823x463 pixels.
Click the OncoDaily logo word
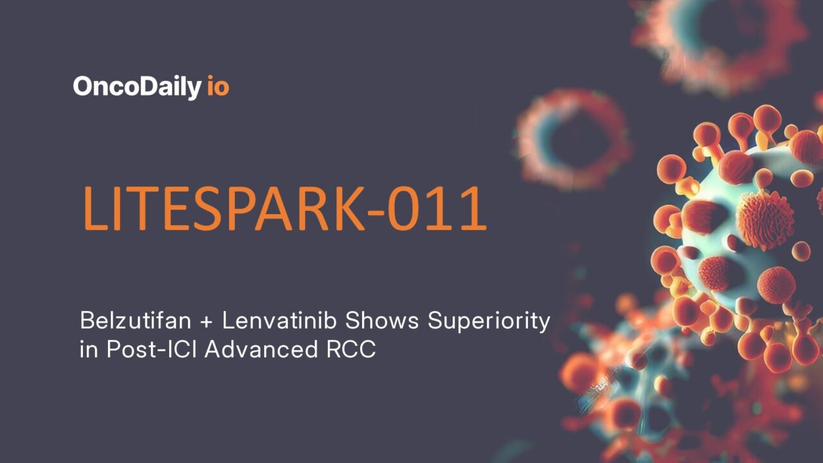pyautogui.click(x=136, y=87)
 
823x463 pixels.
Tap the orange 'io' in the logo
pyautogui.click(x=218, y=87)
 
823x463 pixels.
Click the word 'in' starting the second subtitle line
pyautogui.click(x=86, y=351)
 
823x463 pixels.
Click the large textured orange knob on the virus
pyautogui.click(x=765, y=219)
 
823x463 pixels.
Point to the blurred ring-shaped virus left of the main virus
pyautogui.click(x=572, y=138)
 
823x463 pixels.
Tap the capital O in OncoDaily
pyautogui.click(x=83, y=87)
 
